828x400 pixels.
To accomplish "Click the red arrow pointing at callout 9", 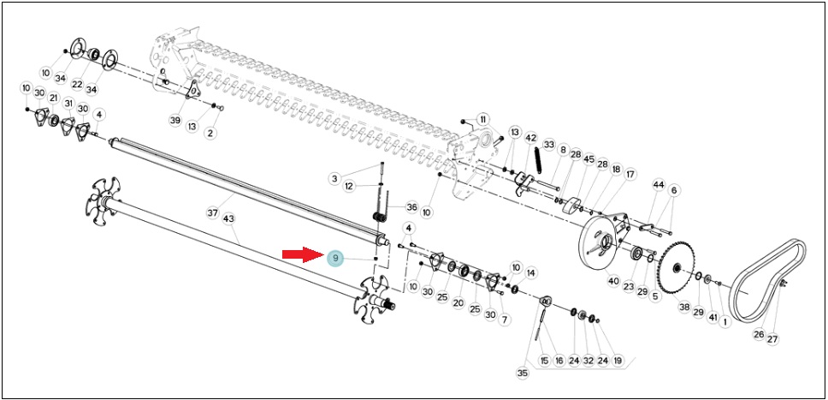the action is [x=303, y=255].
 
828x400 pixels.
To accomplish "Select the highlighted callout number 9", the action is [x=334, y=259].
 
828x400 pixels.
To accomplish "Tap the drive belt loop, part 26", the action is [x=769, y=280].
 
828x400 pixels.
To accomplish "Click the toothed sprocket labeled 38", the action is [x=677, y=269].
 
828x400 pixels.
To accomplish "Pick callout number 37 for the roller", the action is [x=212, y=212].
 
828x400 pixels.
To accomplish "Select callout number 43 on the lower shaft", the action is [x=228, y=218].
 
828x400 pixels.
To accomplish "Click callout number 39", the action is [x=174, y=120].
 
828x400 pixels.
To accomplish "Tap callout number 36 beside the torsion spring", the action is [x=412, y=206].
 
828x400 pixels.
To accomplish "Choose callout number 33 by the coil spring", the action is [x=549, y=144].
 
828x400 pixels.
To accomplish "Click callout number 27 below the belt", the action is [x=772, y=340].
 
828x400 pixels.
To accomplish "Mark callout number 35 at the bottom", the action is [x=523, y=373].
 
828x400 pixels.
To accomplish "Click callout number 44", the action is [x=658, y=185].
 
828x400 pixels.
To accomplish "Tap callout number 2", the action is [x=210, y=133].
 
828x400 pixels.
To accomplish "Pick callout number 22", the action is [x=78, y=85].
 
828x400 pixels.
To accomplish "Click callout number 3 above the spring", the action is [x=334, y=178].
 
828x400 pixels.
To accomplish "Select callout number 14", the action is [x=530, y=273].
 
